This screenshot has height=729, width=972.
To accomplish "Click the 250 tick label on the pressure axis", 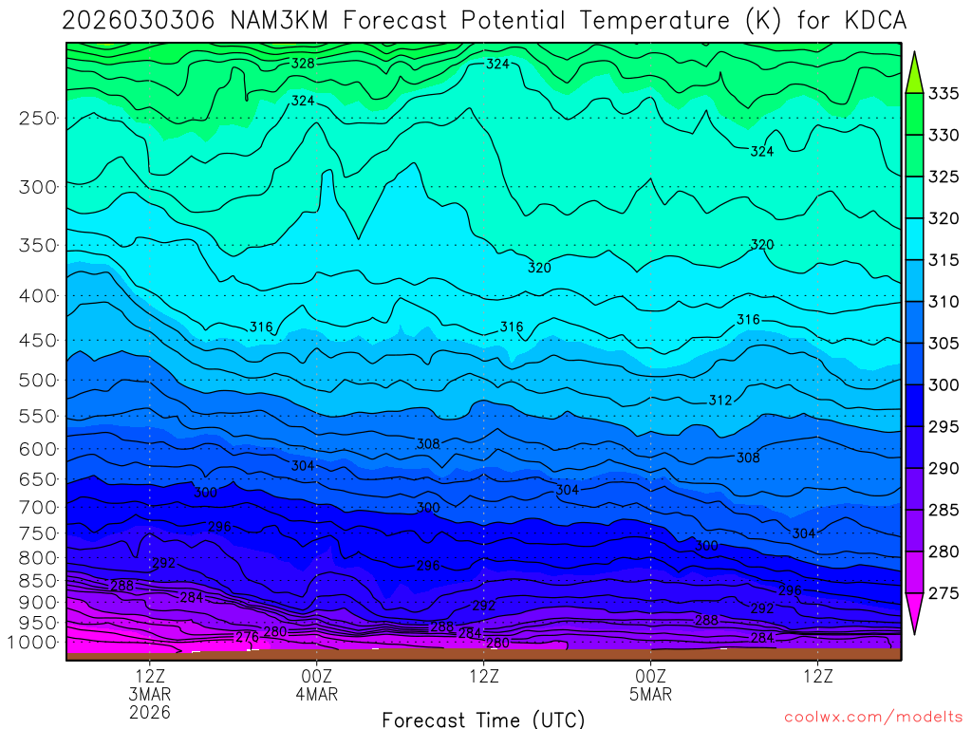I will [x=38, y=119].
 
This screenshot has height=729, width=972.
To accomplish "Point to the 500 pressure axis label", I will [x=38, y=381].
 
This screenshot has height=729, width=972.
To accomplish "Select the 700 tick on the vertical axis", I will [x=38, y=507].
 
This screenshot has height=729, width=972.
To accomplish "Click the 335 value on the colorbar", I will [x=944, y=93].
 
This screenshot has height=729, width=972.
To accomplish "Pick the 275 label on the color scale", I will [x=944, y=593].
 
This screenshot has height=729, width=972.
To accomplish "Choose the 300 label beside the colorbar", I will [x=944, y=384].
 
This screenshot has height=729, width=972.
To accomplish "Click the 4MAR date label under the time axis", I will [x=316, y=694].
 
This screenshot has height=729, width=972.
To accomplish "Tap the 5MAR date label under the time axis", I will [x=650, y=694].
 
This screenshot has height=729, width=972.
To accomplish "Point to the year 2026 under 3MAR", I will [x=151, y=712].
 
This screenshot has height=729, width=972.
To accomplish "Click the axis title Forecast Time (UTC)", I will [x=483, y=719].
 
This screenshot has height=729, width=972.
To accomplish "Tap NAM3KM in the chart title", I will [x=283, y=21].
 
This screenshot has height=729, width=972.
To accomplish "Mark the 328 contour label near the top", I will [x=303, y=63].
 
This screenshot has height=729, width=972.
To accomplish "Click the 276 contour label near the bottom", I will [x=247, y=637].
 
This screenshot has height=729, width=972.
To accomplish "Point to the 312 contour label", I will [x=720, y=401].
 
